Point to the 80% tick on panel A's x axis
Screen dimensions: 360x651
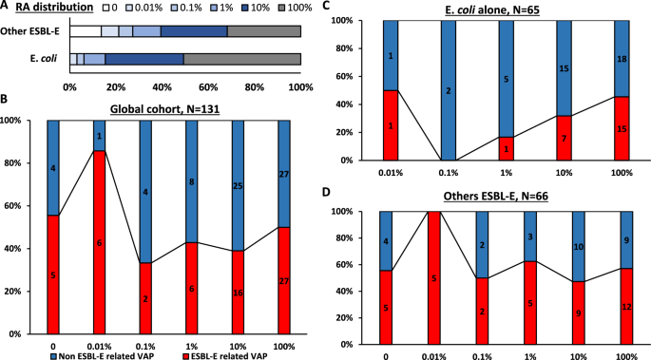(x=255, y=86)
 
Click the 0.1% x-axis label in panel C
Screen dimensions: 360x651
(x=447, y=173)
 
